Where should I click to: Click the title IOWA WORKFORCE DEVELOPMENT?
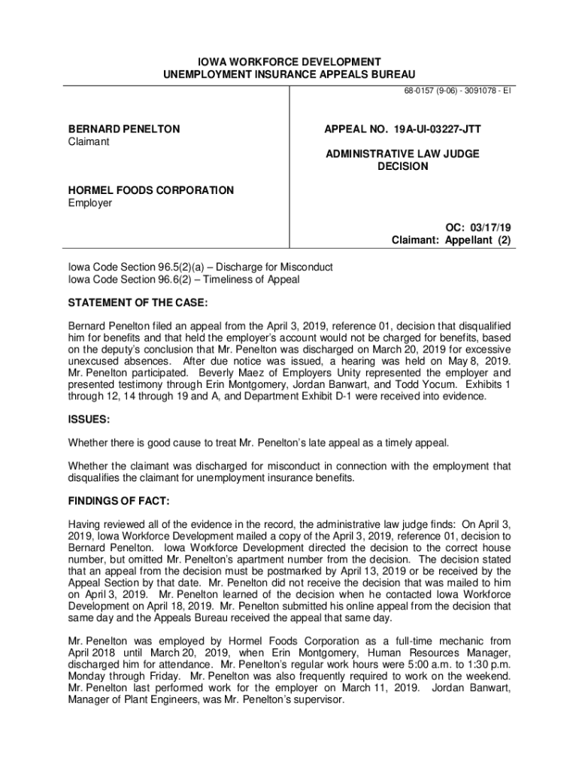(289, 62)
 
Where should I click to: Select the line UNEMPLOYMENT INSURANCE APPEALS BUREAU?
(289, 74)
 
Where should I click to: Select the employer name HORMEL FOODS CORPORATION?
(151, 191)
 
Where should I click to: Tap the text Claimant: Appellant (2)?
(451, 241)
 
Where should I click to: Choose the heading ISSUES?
(89, 420)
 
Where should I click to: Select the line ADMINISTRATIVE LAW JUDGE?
(402, 154)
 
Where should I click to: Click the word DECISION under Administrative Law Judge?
(402, 166)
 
